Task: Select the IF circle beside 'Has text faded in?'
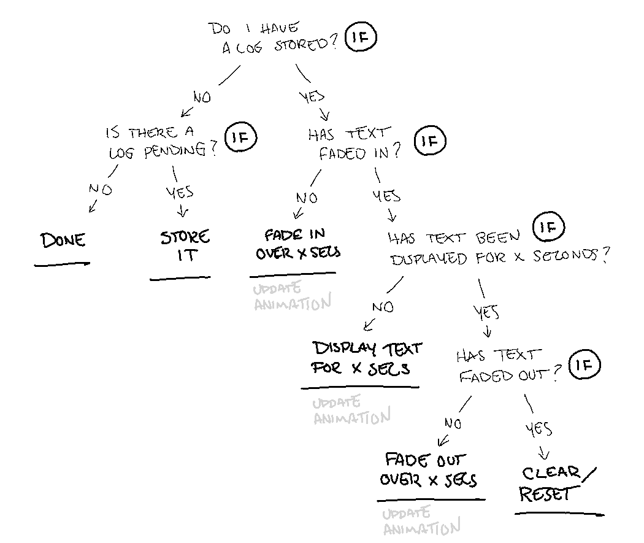430,142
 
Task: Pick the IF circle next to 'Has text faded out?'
585,366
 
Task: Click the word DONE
63,240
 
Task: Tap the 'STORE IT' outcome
185,246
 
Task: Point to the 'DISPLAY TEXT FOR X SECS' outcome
366,358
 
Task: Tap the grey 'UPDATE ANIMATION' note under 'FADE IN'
291,296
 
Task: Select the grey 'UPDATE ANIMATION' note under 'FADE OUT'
421,522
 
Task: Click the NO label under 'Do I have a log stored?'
201,97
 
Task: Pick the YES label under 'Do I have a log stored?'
312,96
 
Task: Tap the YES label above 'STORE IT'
180,193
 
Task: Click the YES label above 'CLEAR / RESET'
539,429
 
